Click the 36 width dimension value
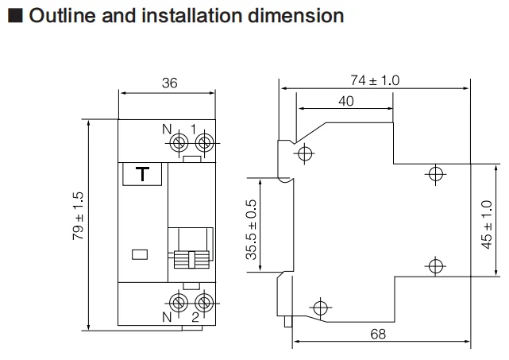click(169, 83)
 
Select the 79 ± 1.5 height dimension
click(79, 216)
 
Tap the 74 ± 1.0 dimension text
click(375, 80)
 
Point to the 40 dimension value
click(345, 101)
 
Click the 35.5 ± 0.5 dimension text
click(251, 230)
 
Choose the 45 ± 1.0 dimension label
click(487, 225)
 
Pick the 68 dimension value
click(378, 334)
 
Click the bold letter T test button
click(142, 174)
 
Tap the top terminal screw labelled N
click(179, 143)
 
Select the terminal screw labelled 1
click(205, 143)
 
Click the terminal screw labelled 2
click(204, 303)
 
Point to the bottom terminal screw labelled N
click(179, 303)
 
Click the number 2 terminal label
click(195, 317)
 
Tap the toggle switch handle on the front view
click(191, 259)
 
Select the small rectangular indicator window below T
click(140, 254)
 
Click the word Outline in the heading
click(62, 16)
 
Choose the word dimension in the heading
click(295, 16)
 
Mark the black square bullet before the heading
click(15, 16)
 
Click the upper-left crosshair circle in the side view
click(304, 153)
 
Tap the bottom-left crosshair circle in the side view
click(321, 308)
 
